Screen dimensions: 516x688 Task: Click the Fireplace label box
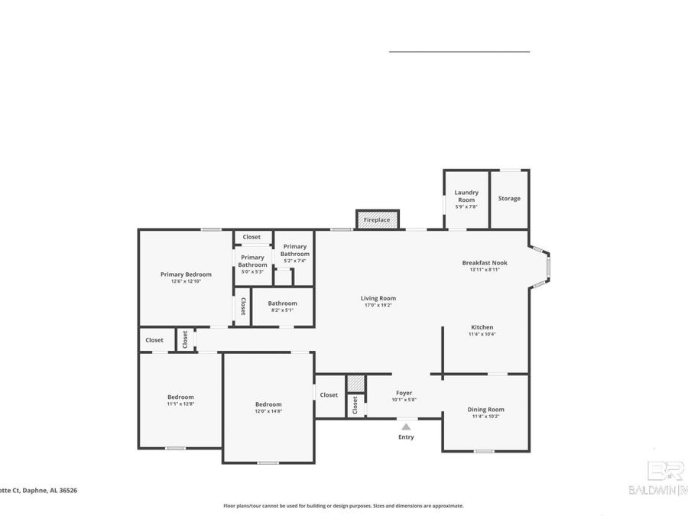pos(377,220)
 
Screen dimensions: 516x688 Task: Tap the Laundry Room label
pos(466,196)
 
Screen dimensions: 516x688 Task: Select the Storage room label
pos(509,199)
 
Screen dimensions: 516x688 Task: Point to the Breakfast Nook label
pos(485,263)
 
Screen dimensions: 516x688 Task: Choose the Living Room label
pos(378,298)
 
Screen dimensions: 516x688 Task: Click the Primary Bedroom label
pos(186,274)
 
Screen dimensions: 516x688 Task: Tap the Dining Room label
pos(486,410)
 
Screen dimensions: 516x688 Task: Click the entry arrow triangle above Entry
pos(406,427)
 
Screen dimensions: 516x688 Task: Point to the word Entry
pos(406,437)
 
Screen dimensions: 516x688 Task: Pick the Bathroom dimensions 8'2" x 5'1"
pos(282,310)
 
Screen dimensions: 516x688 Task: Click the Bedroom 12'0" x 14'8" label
pos(268,404)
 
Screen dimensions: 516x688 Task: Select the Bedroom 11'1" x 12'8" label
pos(180,397)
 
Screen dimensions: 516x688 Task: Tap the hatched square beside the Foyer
pos(355,383)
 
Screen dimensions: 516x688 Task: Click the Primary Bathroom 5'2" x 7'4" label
pos(294,250)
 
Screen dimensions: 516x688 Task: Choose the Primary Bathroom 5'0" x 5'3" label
pos(252,261)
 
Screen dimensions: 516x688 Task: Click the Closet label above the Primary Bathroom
pos(252,237)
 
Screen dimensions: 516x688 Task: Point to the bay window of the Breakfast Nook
pos(545,267)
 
